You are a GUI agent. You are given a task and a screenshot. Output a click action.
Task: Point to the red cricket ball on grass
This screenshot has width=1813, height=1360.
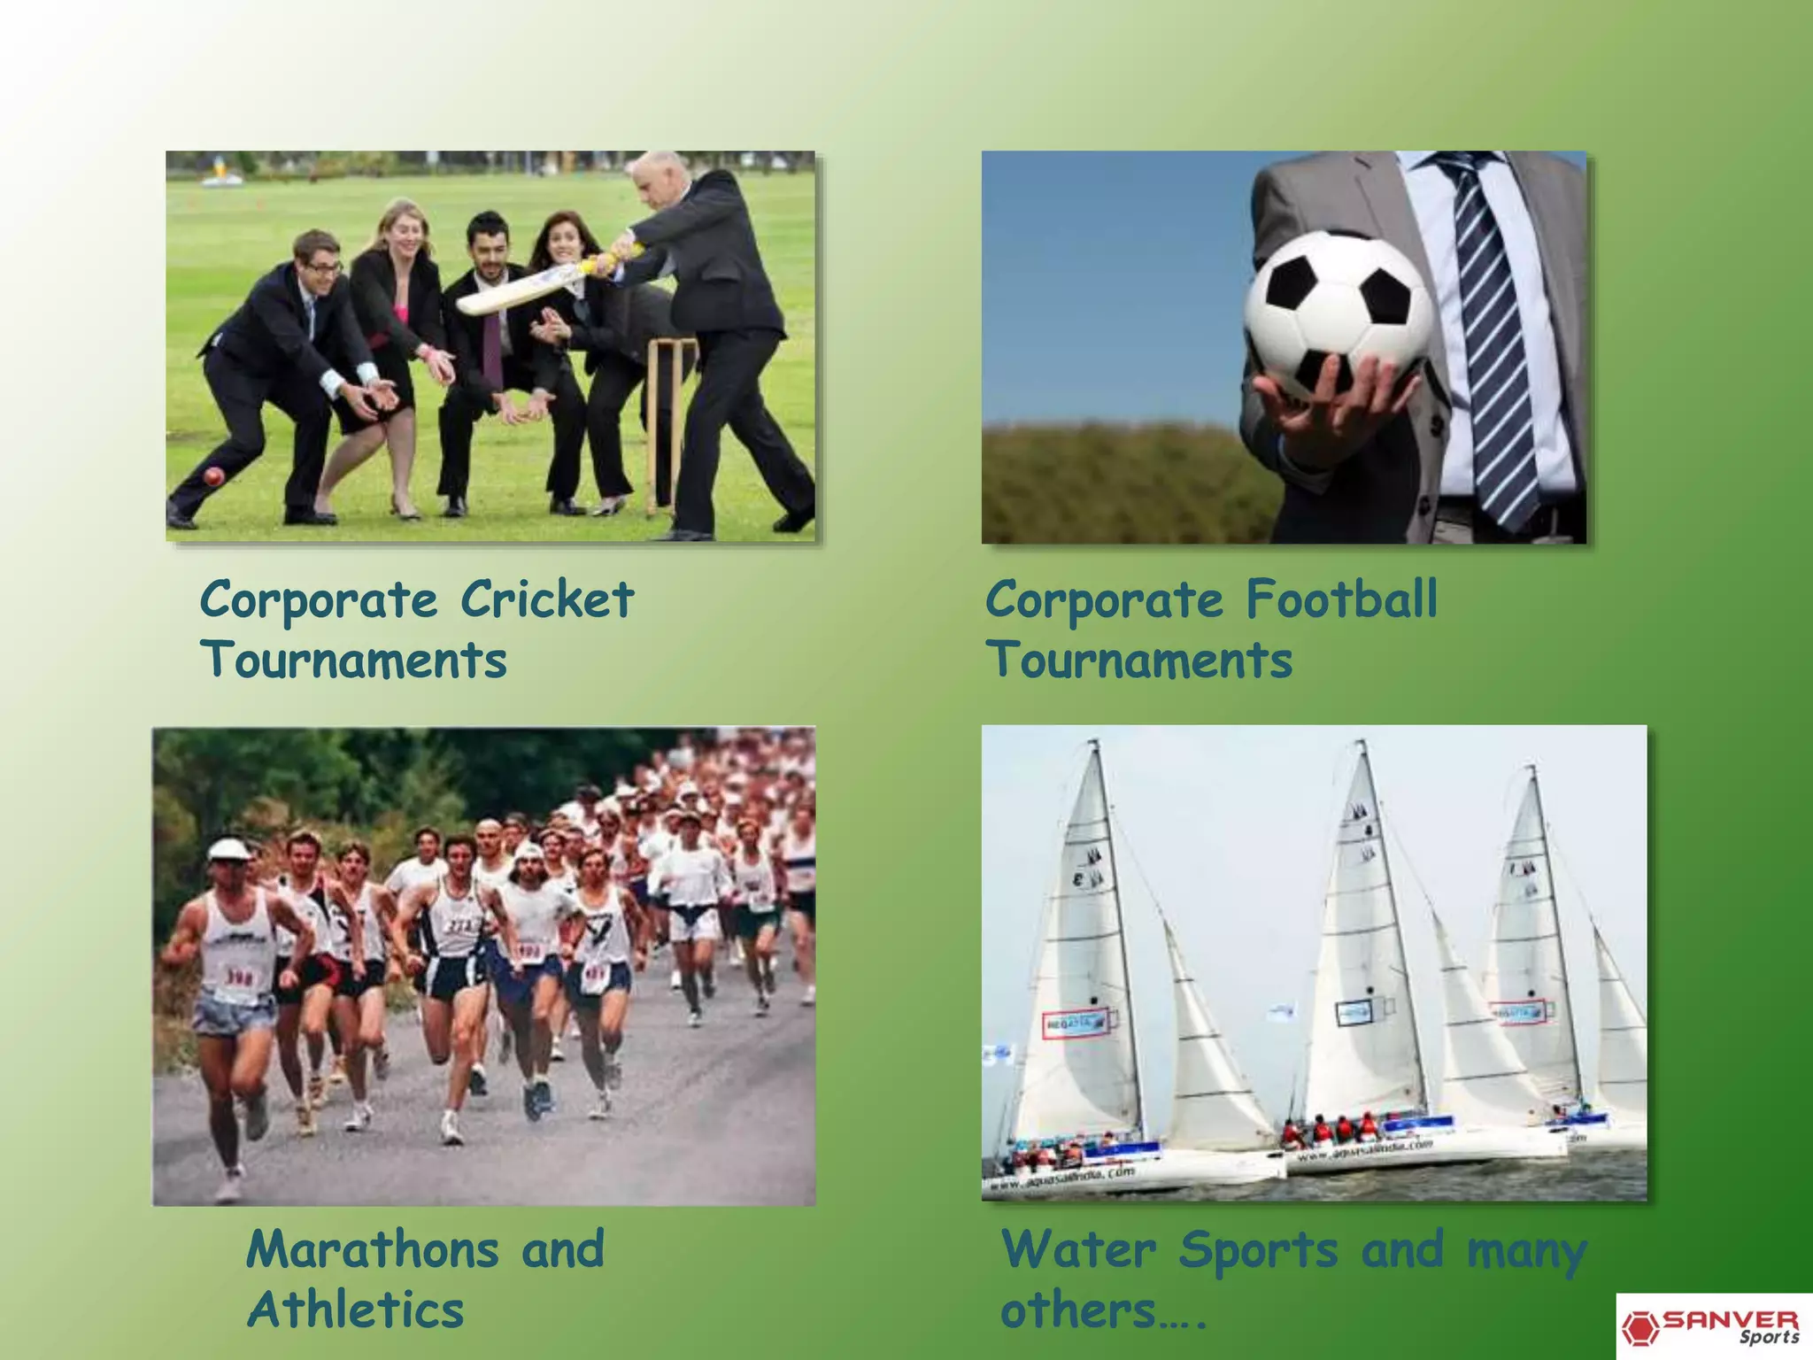(x=213, y=477)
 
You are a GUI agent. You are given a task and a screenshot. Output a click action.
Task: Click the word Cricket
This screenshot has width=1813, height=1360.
(x=547, y=599)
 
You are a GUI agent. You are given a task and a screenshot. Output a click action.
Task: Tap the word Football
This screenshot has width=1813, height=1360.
(x=1342, y=599)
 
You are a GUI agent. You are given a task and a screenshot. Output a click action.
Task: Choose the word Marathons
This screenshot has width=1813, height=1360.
(x=373, y=1249)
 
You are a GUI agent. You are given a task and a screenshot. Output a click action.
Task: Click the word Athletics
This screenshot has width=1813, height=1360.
(x=355, y=1310)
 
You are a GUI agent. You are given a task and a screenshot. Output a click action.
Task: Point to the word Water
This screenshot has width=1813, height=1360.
(x=1078, y=1249)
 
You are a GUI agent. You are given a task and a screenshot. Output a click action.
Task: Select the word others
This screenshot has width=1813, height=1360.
(x=1078, y=1310)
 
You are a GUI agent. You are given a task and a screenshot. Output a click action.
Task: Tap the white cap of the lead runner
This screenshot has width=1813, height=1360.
(x=228, y=849)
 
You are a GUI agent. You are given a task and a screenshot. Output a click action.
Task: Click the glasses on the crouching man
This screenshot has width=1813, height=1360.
(x=323, y=266)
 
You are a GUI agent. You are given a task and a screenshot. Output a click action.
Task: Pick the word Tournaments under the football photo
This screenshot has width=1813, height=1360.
(x=1139, y=661)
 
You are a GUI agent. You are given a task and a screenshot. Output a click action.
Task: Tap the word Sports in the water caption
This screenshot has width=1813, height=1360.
(x=1258, y=1249)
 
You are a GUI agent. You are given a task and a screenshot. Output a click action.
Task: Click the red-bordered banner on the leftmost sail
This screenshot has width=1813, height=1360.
(x=1075, y=1023)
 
